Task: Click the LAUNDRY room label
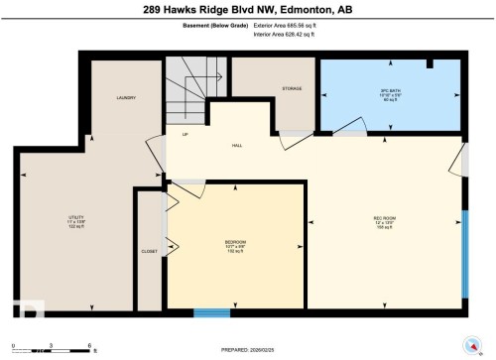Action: tap(125, 97)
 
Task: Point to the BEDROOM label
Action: tap(234, 242)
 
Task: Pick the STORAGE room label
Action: tap(291, 89)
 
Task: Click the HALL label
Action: tap(237, 146)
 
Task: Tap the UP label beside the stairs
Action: tap(185, 135)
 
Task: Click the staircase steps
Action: tap(194, 89)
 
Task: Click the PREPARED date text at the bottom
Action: tap(248, 350)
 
